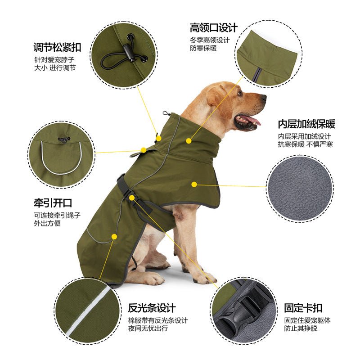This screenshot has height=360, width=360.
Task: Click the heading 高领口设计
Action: [x=213, y=27]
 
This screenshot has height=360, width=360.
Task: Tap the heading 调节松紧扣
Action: [x=57, y=47]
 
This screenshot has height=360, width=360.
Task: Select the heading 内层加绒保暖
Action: [x=306, y=124]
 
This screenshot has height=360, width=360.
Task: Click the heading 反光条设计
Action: [x=152, y=309]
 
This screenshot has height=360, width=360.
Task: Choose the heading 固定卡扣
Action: [x=303, y=309]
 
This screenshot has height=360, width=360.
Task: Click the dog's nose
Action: [x=263, y=97]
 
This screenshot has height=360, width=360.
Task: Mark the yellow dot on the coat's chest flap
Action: [x=194, y=184]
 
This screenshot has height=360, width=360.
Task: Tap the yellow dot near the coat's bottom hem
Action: [x=114, y=236]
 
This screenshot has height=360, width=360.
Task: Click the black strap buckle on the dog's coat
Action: [x=124, y=184]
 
